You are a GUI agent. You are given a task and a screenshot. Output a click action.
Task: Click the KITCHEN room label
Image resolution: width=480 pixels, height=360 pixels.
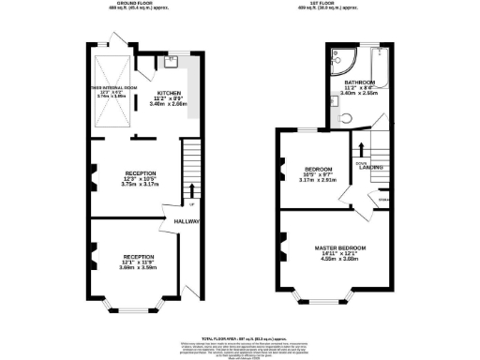point(169,94)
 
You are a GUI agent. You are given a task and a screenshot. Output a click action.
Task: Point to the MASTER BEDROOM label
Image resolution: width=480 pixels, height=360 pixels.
point(341,247)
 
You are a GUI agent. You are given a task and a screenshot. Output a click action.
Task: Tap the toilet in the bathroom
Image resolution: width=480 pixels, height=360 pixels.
point(345,118)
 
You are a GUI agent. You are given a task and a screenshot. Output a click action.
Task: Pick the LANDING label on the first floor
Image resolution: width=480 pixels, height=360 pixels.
point(371,168)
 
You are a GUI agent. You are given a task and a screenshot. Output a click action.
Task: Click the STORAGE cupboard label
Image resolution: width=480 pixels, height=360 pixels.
point(383,199)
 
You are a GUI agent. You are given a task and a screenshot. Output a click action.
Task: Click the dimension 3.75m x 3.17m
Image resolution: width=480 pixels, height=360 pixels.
point(141,185)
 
